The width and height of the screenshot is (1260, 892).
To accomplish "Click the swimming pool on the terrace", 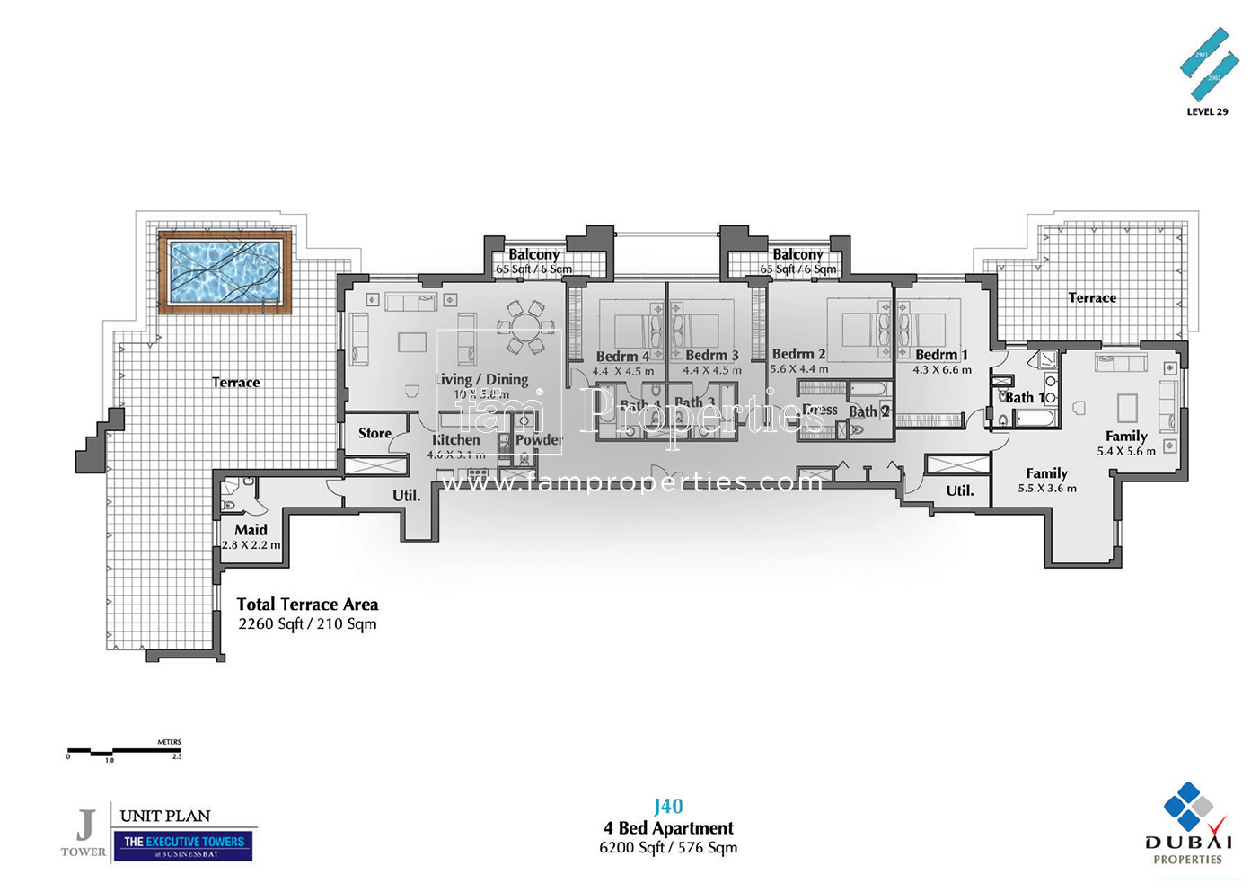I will tap(225, 271).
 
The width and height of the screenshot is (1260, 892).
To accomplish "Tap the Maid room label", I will tap(251, 530).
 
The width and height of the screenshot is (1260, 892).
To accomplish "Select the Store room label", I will tap(374, 433).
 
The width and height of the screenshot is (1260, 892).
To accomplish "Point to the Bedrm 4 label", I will tap(621, 357).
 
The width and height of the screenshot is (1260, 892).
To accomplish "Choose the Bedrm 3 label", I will tap(711, 356).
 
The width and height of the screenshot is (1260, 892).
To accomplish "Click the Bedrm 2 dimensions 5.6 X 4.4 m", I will tap(798, 369).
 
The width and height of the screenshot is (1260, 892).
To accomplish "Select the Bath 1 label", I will tap(1024, 397).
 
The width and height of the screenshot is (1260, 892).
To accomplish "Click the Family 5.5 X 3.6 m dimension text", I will tap(1046, 489).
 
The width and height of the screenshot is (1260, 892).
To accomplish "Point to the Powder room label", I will tap(538, 440).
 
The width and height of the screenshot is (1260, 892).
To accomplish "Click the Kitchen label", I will tap(455, 440).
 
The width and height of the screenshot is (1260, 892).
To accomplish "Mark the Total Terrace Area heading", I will tap(307, 605).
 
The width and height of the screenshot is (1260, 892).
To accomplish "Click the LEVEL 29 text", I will tap(1207, 112).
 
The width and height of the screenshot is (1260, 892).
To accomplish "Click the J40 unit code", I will tap(668, 807).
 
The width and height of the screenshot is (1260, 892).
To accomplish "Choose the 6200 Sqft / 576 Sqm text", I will tap(668, 847).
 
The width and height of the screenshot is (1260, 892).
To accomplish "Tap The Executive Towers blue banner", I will tap(184, 845).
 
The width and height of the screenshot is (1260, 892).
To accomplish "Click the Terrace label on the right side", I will tap(1092, 298).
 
